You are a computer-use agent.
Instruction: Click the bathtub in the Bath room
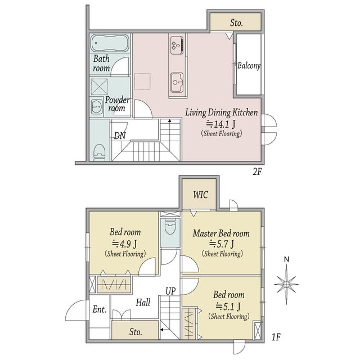[110, 43]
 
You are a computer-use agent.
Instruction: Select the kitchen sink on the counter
[177, 82]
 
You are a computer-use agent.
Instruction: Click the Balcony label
[249, 66]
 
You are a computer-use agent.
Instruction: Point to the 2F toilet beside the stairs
[100, 152]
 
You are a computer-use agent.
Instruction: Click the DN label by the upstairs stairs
[120, 136]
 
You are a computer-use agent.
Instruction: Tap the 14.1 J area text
[220, 124]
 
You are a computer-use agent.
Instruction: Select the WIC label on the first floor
[200, 195]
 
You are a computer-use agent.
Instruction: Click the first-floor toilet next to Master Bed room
[170, 226]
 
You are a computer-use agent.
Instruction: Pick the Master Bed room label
[221, 233]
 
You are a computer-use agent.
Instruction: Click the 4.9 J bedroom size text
[124, 244]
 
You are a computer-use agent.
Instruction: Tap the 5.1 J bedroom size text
[228, 306]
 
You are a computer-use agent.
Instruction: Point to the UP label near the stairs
[170, 291]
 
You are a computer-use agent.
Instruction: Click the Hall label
[143, 303]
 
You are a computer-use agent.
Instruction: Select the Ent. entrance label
[100, 309]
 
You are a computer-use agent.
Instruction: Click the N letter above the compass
[286, 259]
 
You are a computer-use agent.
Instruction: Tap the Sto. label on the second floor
[236, 22]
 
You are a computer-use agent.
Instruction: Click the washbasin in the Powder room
[96, 107]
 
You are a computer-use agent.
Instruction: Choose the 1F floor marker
[276, 337]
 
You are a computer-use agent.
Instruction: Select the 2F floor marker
[257, 172]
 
